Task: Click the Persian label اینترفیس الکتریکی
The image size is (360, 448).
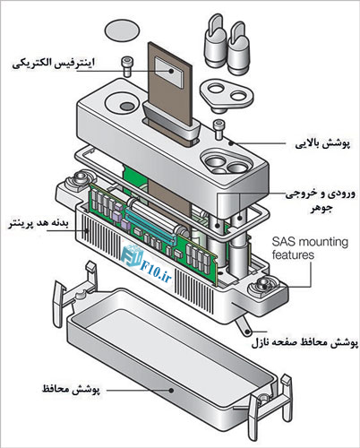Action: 53,64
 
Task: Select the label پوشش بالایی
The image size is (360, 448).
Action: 322,143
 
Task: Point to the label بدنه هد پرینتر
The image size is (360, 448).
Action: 39,224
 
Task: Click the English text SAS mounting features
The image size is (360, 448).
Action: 310,248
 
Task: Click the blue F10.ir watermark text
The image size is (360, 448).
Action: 156,273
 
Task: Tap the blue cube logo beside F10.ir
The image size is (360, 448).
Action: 132,256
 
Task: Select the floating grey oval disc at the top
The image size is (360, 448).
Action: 122,30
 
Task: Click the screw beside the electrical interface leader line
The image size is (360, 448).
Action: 126,67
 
